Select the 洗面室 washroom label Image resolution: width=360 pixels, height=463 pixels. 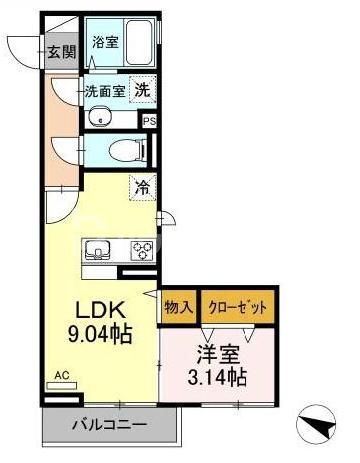click(105, 90)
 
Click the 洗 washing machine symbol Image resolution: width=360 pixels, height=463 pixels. click(143, 89)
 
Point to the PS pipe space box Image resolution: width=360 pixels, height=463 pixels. click(149, 121)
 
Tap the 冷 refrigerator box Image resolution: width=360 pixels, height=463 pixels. click(142, 186)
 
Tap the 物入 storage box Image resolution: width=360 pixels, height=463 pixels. click(178, 307)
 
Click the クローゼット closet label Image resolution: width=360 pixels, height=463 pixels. click(238, 307)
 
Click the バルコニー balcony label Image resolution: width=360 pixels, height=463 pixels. click(109, 425)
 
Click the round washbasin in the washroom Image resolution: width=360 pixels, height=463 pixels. click(99, 120)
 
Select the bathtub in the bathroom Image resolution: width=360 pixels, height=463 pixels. click(136, 43)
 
